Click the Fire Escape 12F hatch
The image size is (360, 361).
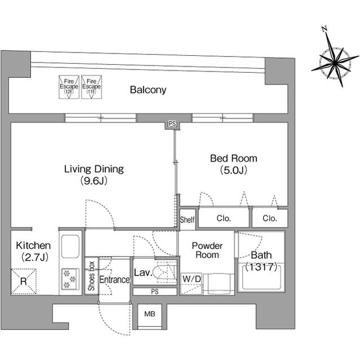coord(69,87)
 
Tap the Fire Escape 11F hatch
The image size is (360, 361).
coord(91,87)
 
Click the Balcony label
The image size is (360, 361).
coord(148,90)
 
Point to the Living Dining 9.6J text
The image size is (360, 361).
coord(94,175)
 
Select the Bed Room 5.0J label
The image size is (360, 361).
coord(234,164)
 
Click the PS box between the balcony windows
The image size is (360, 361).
coord(172,124)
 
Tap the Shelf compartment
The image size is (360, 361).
coord(188,219)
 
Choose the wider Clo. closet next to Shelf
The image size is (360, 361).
coord(224,218)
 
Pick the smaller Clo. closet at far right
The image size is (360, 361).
coord(270,218)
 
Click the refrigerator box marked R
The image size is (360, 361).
coord(24,281)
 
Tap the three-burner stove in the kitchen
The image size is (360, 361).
coord(70,279)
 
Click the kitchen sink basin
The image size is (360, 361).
coord(70,246)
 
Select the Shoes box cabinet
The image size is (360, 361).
coord(91,276)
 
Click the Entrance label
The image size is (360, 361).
coord(114,280)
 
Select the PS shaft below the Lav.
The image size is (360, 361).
coord(155,292)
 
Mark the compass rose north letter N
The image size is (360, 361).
coord(325,29)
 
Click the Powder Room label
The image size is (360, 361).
coord(207,250)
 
